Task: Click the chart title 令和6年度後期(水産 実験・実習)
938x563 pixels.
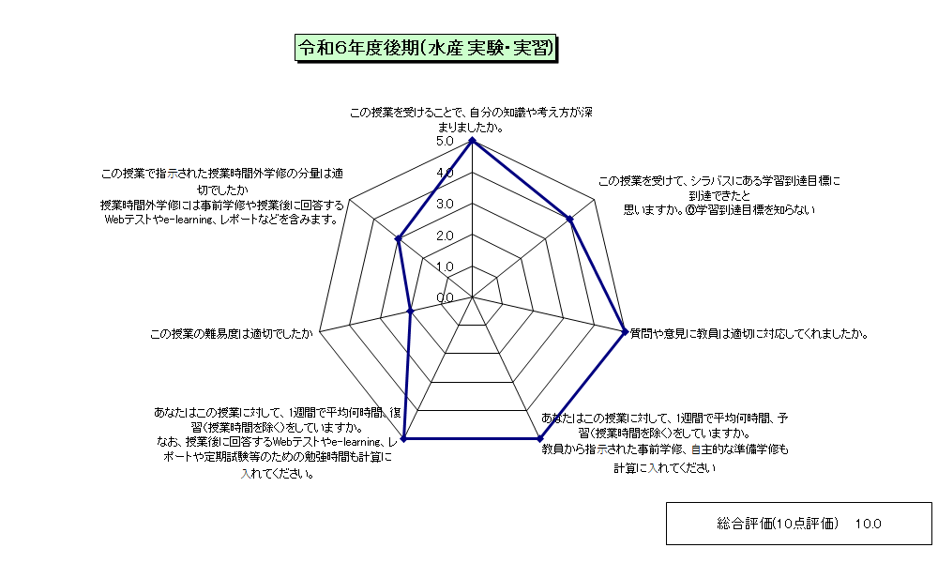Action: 426,48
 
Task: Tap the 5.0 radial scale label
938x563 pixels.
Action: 445,141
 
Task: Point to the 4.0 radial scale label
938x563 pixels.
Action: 445,173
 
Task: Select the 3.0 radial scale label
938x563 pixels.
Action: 445,204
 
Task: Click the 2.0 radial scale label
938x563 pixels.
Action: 445,236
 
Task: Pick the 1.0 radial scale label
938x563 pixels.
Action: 445,266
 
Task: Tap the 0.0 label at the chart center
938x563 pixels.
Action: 445,298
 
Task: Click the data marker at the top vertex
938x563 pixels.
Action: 473,141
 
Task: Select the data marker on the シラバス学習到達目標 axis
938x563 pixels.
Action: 570,220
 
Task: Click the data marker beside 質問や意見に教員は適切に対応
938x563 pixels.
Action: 625,331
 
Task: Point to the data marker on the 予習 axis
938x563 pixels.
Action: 540,438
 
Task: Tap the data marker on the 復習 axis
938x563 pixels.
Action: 403,438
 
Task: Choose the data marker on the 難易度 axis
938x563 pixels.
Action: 411,311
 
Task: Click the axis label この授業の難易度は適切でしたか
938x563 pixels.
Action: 232,334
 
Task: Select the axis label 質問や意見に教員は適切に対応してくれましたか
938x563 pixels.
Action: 749,334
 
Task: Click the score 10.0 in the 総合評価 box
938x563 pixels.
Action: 868,525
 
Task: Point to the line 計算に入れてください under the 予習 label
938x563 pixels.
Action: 665,468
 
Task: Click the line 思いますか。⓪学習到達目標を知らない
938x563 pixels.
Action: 719,210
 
